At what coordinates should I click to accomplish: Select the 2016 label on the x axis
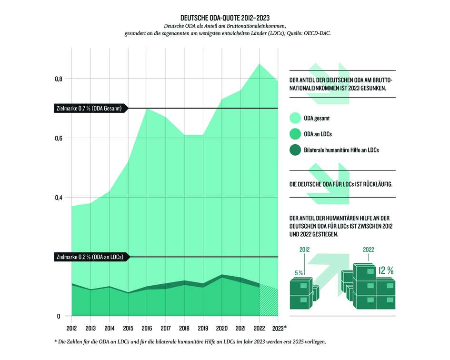click(x=147, y=329)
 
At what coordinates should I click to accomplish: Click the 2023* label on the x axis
click(x=279, y=329)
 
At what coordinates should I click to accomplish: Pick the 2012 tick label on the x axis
click(x=71, y=329)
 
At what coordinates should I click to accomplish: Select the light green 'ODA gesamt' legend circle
click(x=295, y=118)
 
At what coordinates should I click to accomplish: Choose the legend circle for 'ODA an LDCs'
click(x=295, y=135)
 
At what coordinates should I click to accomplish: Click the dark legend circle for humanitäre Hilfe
click(x=295, y=150)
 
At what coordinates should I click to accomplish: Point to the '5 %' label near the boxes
click(x=299, y=273)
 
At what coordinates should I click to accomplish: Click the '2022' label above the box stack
click(x=369, y=249)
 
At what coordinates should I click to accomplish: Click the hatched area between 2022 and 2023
click(x=268, y=302)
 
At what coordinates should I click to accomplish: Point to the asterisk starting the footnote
click(x=56, y=341)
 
